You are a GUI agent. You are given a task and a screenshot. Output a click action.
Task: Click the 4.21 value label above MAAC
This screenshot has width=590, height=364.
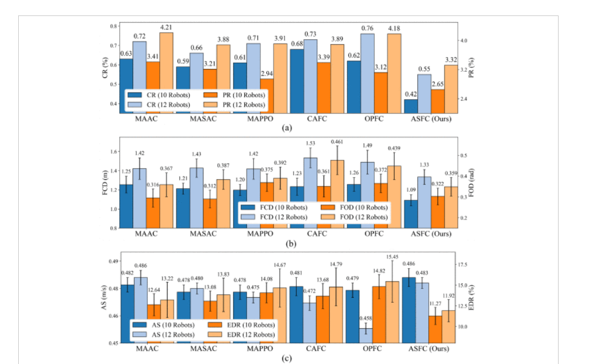coord(167,26)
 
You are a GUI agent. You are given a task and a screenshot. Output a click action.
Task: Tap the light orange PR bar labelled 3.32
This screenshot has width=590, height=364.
coord(451,89)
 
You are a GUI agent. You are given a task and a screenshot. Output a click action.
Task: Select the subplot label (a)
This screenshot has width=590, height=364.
coord(286,127)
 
